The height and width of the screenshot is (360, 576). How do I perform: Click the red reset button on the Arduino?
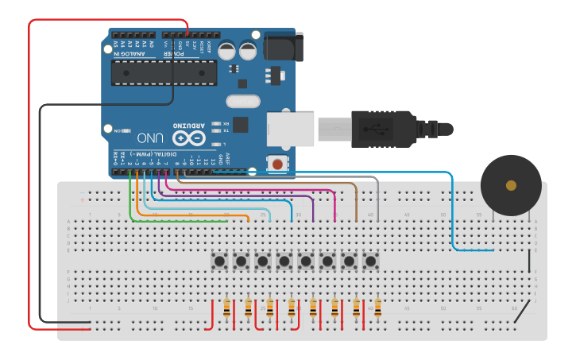(277, 164)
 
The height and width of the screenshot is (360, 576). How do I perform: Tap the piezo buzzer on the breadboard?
(511, 185)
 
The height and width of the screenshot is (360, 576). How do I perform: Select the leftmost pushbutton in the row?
(219, 260)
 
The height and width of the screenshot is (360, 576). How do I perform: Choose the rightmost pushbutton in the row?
(370, 260)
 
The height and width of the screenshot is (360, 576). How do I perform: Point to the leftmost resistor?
(227, 308)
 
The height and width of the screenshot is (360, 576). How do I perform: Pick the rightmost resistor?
(377, 308)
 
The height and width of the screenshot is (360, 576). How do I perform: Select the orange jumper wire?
(191, 213)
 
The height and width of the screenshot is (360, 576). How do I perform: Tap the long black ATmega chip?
(164, 72)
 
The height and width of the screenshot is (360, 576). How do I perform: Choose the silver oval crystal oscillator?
(242, 101)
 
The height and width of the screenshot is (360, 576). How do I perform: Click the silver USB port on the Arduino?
(290, 128)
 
